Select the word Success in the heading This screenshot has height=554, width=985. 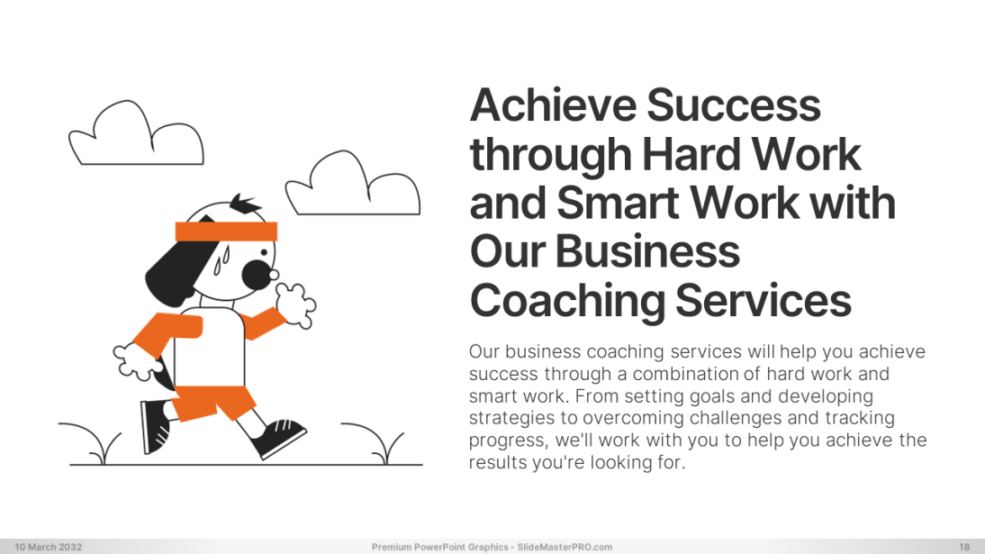click(733, 105)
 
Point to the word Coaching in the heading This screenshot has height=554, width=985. click(567, 302)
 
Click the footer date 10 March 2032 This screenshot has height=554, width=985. click(49, 547)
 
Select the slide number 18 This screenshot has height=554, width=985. click(964, 547)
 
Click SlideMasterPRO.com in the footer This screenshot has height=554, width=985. click(565, 547)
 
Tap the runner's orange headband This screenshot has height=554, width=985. click(226, 232)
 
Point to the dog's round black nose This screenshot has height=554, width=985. click(256, 275)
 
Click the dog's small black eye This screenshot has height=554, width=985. click(264, 253)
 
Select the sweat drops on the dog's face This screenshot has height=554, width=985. click(221, 260)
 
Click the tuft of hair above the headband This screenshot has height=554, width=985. click(245, 204)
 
